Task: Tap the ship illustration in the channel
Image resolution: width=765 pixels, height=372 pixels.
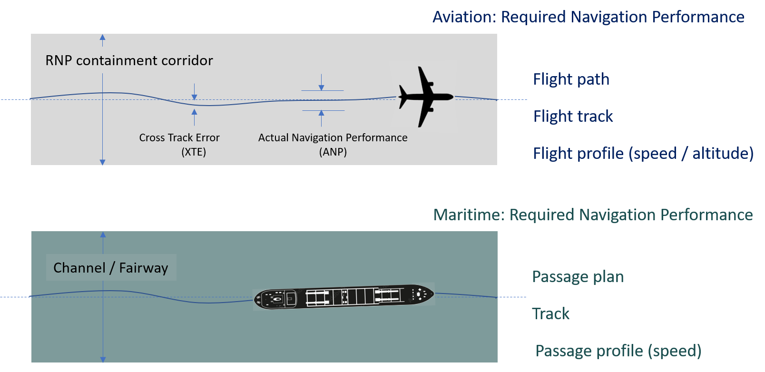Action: point(343,296)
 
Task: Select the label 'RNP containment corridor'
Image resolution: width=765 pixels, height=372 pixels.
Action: point(129,61)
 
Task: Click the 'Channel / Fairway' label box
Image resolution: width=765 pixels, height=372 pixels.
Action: point(111,267)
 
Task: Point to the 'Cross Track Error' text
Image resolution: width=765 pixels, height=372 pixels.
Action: point(179,137)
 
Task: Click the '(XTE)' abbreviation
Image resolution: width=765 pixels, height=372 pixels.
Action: point(194,152)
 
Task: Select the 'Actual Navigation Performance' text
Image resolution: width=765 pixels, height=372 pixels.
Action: point(333,137)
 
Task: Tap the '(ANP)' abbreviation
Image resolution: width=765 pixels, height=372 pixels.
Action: point(333,152)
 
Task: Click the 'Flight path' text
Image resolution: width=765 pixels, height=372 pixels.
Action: point(571,79)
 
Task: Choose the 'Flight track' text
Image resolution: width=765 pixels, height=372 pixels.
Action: point(573,116)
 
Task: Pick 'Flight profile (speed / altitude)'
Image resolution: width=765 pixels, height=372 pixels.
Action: point(643,153)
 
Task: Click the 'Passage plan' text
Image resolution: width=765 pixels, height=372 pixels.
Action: point(578,277)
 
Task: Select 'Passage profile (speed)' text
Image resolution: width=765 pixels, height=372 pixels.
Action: point(618,351)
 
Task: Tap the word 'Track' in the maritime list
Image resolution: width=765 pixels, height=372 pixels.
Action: point(550,314)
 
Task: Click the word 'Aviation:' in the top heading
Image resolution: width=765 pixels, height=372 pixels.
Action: point(464,17)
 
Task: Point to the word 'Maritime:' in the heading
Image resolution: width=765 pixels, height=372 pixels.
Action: point(468,215)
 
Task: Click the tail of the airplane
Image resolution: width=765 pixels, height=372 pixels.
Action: point(403,97)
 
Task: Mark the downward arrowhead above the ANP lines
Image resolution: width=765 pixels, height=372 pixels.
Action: point(322,88)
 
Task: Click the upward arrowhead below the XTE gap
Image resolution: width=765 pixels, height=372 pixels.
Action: point(194,112)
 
